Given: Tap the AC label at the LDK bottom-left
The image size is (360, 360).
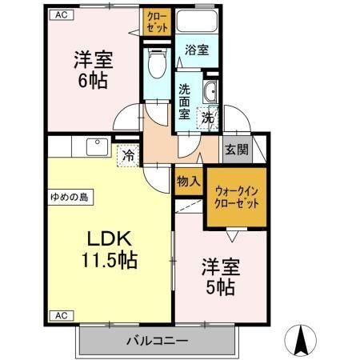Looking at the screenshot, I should click(x=61, y=315).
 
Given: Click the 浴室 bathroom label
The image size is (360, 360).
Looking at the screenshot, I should click(x=198, y=50).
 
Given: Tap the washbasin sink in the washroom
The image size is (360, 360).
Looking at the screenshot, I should click(x=210, y=92).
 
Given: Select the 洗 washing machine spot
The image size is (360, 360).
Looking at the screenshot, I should click(x=207, y=117).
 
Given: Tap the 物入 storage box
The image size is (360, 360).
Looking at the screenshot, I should click(x=188, y=182).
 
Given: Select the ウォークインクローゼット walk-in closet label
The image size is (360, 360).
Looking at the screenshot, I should click(x=237, y=197).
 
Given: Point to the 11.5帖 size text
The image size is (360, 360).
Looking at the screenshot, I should click(x=108, y=260).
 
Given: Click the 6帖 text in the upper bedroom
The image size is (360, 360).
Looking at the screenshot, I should click(x=92, y=81).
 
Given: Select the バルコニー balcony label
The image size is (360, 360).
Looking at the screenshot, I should click(x=157, y=341).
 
